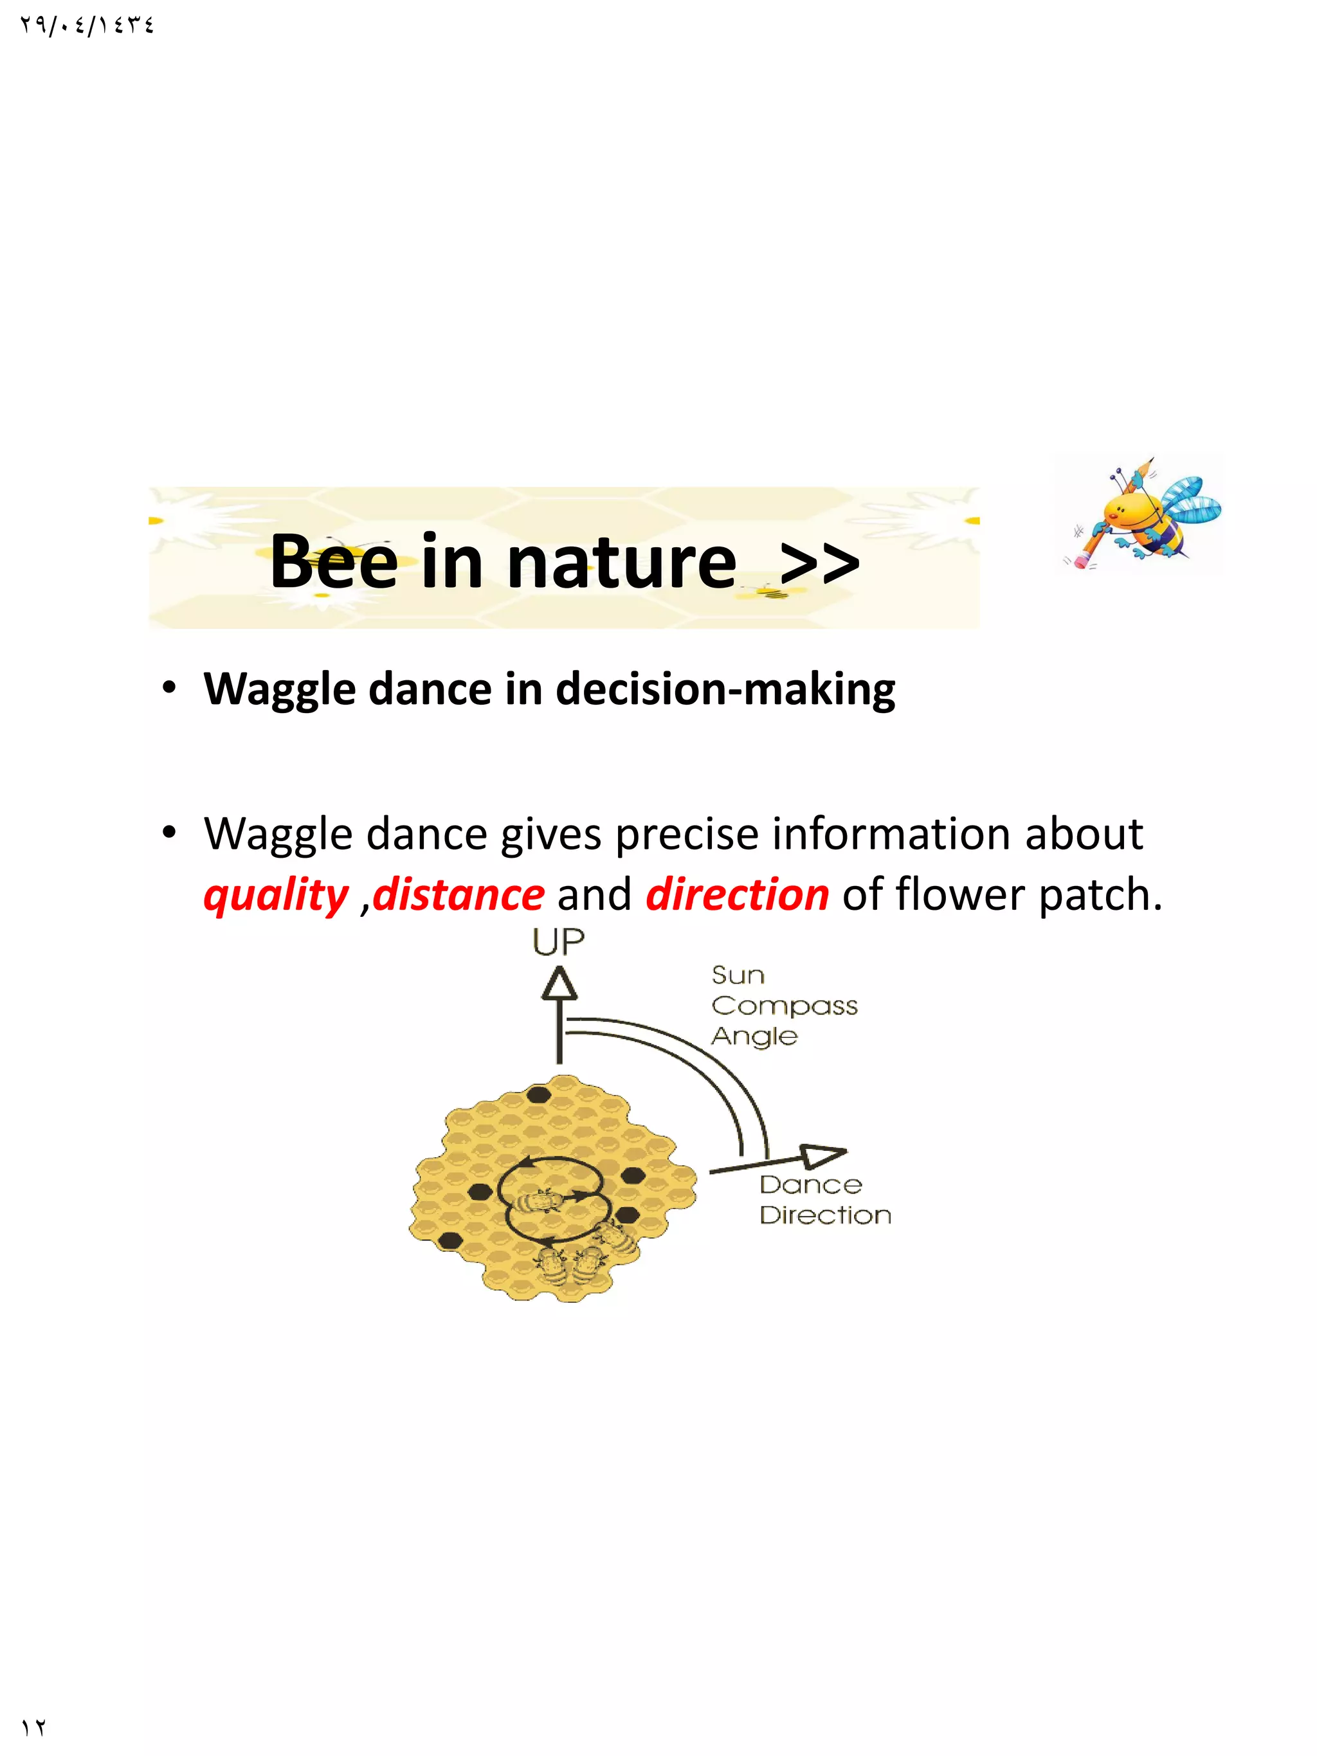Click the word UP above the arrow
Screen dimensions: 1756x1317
point(558,943)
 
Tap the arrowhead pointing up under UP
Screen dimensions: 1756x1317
point(559,984)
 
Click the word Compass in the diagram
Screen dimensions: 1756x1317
point(785,1006)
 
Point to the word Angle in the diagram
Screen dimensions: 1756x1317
point(754,1036)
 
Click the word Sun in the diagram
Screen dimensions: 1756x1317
point(738,975)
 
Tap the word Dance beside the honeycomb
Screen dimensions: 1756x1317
point(810,1185)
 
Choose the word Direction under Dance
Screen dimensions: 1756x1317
point(825,1215)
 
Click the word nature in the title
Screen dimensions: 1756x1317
point(622,562)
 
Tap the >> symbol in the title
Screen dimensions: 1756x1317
point(819,562)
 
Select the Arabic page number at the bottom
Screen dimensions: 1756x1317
point(34,1728)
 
